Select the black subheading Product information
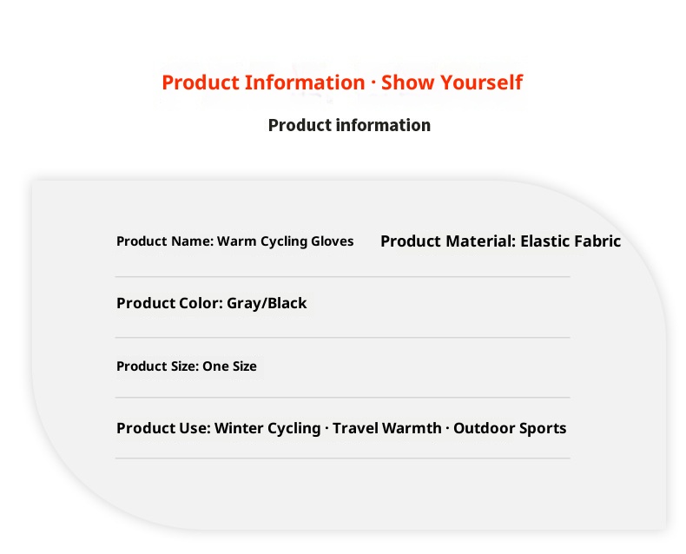[x=349, y=125]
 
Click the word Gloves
[x=332, y=241]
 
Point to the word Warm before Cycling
[x=237, y=241]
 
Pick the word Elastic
[x=544, y=241]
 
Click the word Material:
[x=481, y=241]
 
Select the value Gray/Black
[x=267, y=303]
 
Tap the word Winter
[x=242, y=428]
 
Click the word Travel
[x=357, y=428]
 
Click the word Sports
[x=544, y=428]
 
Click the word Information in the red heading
[x=304, y=82]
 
